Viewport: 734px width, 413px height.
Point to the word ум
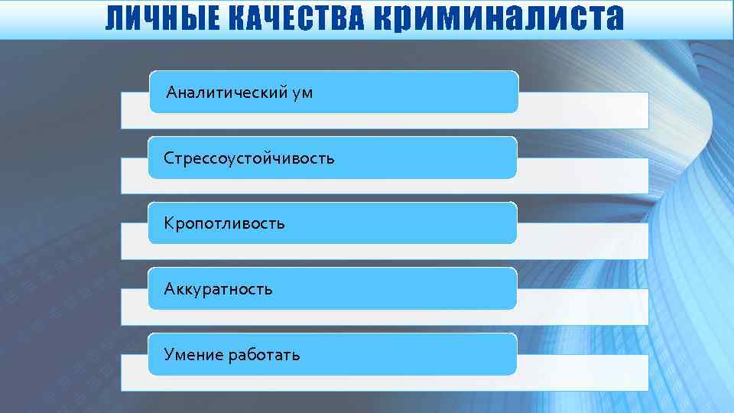click(x=302, y=93)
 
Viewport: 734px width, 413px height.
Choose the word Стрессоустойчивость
click(x=249, y=158)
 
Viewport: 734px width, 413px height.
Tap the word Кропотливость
click(x=225, y=223)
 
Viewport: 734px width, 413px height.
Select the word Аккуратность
click(x=219, y=289)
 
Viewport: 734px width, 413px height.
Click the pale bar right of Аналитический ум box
click(x=583, y=110)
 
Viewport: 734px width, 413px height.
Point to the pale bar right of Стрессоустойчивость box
click(x=583, y=176)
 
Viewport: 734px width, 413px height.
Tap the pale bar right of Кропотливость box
click(x=583, y=242)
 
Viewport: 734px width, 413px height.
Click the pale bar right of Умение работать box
click(x=583, y=372)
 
